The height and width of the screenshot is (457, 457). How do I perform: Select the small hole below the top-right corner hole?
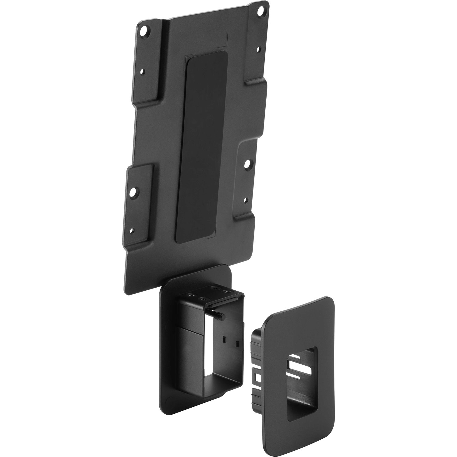tap(258, 49)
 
